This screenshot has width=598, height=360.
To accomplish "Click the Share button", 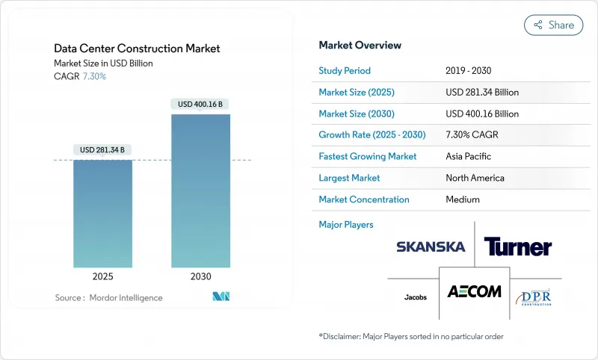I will click(554, 25).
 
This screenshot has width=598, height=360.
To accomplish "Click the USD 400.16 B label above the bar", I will click(200, 104).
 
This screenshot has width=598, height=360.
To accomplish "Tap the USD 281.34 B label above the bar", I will click(102, 150).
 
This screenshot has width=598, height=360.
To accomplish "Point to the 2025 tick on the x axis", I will click(102, 276).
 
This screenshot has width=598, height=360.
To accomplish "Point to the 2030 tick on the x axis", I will click(200, 276).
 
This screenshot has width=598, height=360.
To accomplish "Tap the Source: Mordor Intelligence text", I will click(108, 298).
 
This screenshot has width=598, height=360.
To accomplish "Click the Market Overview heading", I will click(360, 45).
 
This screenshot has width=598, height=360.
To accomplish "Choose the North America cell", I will click(474, 178).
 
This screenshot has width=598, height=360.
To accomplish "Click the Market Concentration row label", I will click(364, 199).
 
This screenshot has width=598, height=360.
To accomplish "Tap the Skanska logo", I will click(431, 246).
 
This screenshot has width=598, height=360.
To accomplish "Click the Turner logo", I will click(517, 246).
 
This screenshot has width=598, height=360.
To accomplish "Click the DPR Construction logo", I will click(534, 297).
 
